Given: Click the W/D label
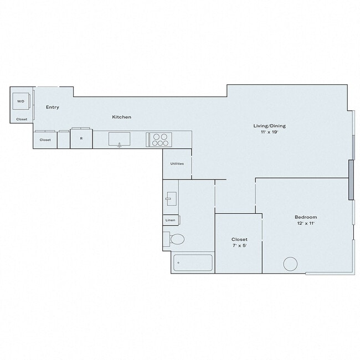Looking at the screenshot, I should pyautogui.click(x=20, y=101).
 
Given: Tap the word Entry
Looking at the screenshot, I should pyautogui.click(x=53, y=107).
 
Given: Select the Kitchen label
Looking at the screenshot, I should pyautogui.click(x=122, y=117).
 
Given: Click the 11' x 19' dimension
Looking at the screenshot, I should pyautogui.click(x=269, y=132).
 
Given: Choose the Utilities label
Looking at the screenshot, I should pyautogui.click(x=177, y=163).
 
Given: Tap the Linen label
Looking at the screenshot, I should pyautogui.click(x=170, y=220).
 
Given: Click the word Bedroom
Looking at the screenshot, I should pyautogui.click(x=306, y=217).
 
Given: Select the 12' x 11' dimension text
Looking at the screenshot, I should pyautogui.click(x=305, y=223).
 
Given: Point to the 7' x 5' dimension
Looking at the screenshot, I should pyautogui.click(x=239, y=246).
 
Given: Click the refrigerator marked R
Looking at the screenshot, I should pyautogui.click(x=81, y=138).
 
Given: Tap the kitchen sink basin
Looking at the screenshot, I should pyautogui.click(x=119, y=138).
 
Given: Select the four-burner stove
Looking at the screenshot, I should pyautogui.click(x=158, y=139).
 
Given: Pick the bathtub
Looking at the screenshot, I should pyautogui.click(x=193, y=262).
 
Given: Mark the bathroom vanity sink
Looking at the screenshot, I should pyautogui.click(x=171, y=198).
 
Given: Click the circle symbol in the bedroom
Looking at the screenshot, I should pyautogui.click(x=291, y=264).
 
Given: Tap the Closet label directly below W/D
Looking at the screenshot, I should pyautogui.click(x=22, y=119).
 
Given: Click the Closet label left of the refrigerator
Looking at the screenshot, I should pyautogui.click(x=45, y=140).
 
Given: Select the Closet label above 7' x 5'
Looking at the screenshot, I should pyautogui.click(x=239, y=239).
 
